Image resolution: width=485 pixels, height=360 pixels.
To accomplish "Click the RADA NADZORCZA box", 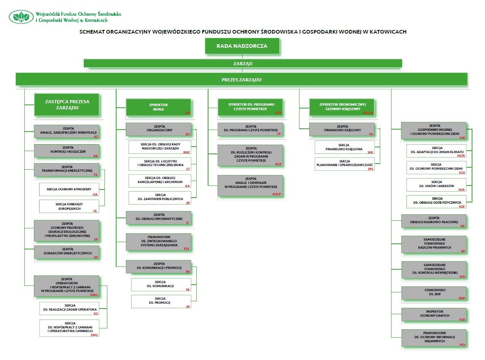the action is coord(242,46).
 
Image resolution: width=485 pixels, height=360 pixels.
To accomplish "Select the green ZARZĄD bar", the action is coord(243,64).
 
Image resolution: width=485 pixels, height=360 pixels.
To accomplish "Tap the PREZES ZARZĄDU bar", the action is coord(242,79).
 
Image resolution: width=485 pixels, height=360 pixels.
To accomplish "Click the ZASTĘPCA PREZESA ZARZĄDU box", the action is coord(67,104).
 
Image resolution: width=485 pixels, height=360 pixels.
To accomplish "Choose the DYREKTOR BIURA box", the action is coord(158,107).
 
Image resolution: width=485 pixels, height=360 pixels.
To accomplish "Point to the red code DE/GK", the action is coord(368,113).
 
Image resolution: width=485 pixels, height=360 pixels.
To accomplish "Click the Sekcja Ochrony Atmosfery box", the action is coord(69,189).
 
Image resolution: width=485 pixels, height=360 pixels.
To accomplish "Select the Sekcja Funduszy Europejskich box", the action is coord(69,206).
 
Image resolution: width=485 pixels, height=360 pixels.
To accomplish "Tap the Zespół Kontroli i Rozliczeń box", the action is coord(66,151).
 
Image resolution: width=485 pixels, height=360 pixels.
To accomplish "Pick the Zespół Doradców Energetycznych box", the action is coord(66,253).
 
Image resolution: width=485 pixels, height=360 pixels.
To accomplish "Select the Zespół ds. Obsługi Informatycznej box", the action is coord(158,218).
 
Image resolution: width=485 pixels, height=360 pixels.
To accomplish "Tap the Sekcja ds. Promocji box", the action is coord(161,302).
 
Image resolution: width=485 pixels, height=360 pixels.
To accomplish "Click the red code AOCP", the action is coord(277,194).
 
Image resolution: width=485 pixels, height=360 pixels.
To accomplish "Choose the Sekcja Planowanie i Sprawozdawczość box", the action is coord(345,164).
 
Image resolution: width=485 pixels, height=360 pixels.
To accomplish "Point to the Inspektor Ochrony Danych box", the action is coord(434,315).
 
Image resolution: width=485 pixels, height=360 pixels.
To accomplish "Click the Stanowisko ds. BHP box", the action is coord(434,293).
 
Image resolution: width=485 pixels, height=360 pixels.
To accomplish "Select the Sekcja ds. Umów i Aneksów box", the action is coord(436,185).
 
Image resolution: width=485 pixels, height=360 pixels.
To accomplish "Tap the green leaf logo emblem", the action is coord(21,17).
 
